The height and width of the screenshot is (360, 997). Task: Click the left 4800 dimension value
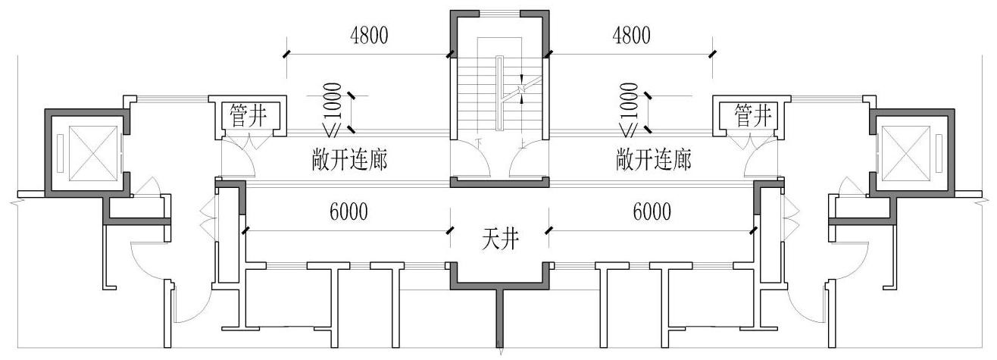coord(369,36)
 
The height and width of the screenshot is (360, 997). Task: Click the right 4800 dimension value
coord(631,36)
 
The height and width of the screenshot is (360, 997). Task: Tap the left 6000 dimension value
coord(348,211)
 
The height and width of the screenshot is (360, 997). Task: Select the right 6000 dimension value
coord(652,211)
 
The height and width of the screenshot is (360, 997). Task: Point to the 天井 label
coord(500,239)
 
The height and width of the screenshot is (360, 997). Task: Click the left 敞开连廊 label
coord(349,160)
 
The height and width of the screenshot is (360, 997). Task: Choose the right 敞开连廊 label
coord(653,160)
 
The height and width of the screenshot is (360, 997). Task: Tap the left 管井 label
coord(248,115)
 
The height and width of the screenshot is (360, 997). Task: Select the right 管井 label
coord(752,115)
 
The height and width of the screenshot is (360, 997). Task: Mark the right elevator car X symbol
coord(906,154)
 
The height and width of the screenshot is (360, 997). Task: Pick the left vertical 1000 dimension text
coord(334,101)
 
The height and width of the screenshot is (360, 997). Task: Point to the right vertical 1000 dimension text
coord(630,101)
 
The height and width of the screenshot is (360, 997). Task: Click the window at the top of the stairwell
coord(499,14)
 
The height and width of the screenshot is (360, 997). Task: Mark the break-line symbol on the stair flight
coord(522,89)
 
